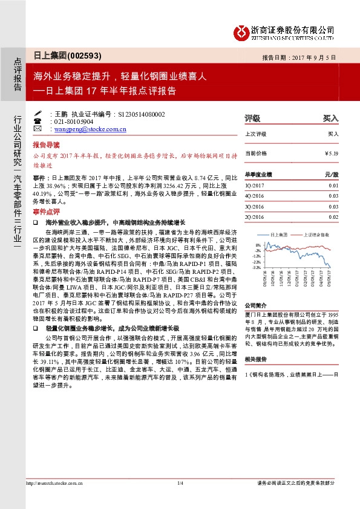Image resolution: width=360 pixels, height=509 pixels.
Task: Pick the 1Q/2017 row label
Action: pyautogui.click(x=254, y=186)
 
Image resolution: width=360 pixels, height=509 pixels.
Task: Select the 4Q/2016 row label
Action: pyautogui.click(x=254, y=196)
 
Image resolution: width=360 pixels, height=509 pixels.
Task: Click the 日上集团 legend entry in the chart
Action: pyautogui.click(x=278, y=234)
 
